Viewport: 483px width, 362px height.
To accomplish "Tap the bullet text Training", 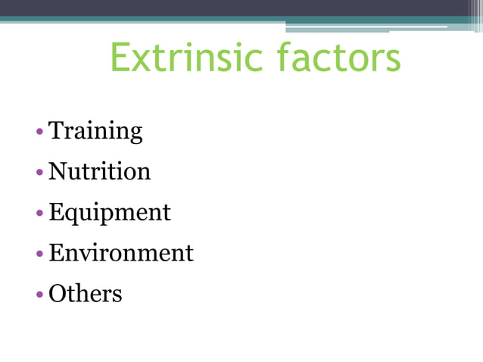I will (95, 132).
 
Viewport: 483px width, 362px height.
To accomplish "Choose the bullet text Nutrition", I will (99, 172).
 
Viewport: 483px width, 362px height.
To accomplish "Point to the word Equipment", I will (110, 213).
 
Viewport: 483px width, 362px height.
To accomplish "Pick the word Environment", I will (121, 253).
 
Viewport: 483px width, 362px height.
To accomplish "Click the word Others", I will (85, 293).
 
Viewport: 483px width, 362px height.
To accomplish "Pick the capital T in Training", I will (56, 131).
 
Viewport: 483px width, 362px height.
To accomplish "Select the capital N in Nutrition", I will (58, 172).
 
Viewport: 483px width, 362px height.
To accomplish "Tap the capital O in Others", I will (58, 293).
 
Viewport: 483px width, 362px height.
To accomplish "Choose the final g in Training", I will (135, 135).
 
